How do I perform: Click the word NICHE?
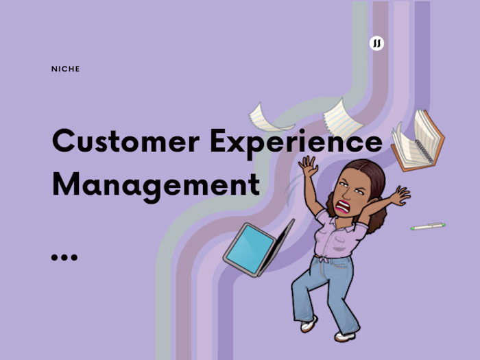click(x=66, y=69)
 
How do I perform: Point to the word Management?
click(x=156, y=184)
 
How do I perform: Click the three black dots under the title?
click(x=64, y=257)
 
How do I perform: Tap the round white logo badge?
click(x=376, y=43)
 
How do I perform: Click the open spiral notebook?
click(x=418, y=141)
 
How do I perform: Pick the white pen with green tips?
click(x=428, y=226)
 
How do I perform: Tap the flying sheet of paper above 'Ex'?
click(x=270, y=118)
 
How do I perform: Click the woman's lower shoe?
click(x=345, y=335)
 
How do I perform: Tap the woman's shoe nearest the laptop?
click(x=309, y=324)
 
